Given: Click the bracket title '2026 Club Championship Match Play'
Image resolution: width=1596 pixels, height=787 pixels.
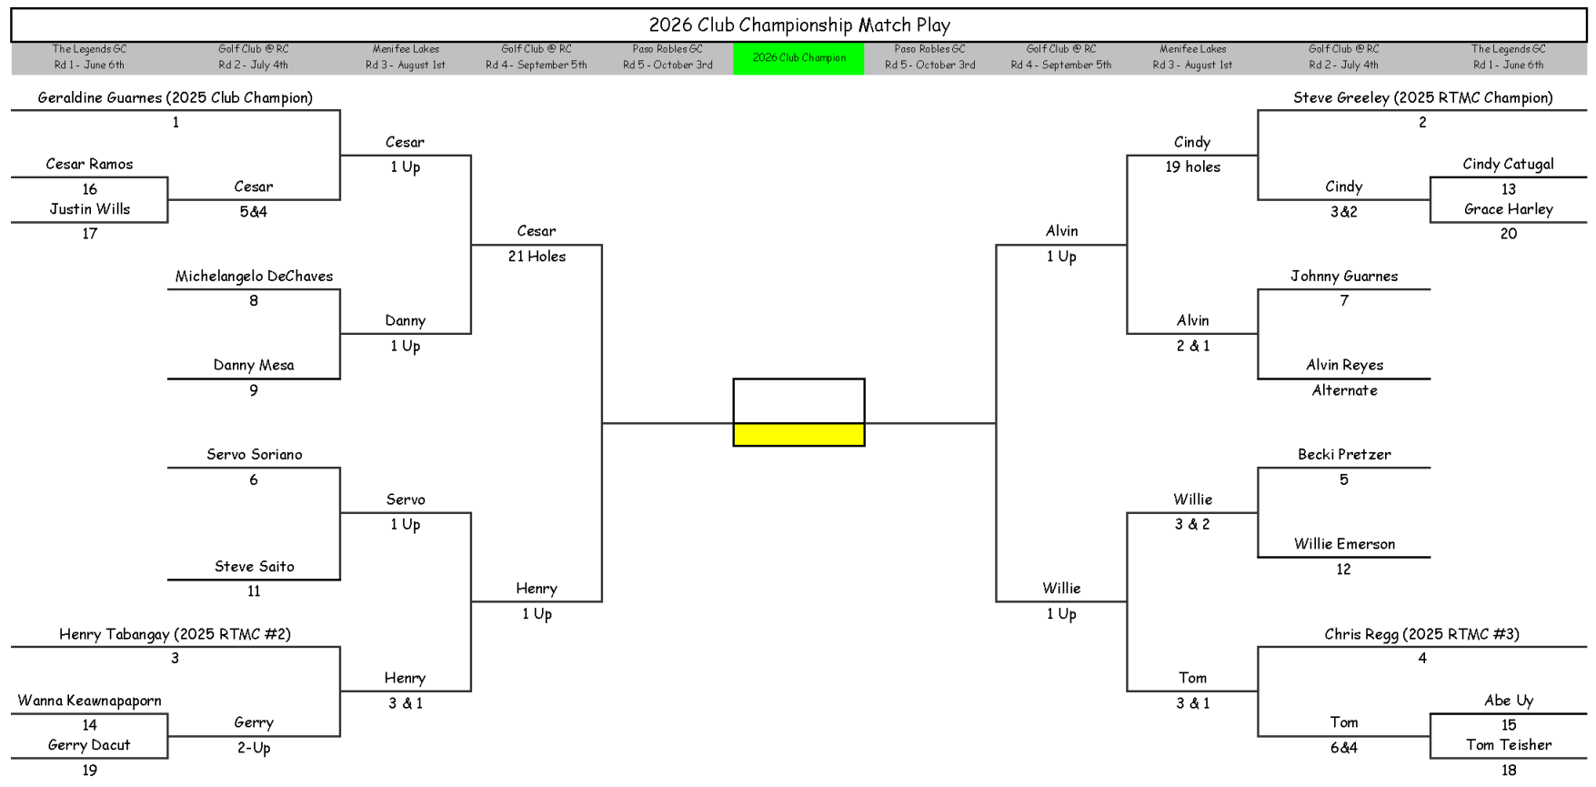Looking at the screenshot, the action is tap(798, 25).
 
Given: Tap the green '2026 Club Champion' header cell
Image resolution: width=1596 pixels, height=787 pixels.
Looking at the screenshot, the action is tap(798, 58).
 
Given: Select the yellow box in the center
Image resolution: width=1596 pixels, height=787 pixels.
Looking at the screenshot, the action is tap(798, 435).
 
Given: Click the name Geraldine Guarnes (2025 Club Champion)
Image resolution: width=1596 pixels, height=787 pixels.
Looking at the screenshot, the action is tap(176, 97).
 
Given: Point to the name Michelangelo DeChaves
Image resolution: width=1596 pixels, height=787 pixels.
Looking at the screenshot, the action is tap(254, 277).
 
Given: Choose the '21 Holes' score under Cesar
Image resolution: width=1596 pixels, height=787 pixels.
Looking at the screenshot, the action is tap(537, 257).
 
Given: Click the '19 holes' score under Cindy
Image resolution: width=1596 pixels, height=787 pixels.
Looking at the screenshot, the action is tap(1192, 166).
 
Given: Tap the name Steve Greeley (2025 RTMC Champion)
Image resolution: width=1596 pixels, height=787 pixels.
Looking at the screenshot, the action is tap(1422, 97).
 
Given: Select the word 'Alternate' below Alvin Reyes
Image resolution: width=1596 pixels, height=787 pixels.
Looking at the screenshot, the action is tap(1344, 390).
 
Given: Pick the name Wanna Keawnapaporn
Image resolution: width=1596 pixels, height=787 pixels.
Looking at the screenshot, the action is tap(89, 701).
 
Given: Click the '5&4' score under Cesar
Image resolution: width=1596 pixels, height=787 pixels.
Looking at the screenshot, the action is tap(253, 212).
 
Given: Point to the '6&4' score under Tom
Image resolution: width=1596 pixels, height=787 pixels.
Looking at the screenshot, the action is tap(1343, 748).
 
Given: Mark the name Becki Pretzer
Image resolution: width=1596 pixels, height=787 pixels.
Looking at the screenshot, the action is tap(1344, 455).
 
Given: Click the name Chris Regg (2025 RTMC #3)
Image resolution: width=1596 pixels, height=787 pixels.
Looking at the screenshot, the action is tap(1421, 634).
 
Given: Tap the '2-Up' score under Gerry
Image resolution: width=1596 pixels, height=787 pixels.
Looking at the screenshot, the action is tap(254, 748).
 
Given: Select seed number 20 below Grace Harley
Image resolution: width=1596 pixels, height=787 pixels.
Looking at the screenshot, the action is tap(1509, 234).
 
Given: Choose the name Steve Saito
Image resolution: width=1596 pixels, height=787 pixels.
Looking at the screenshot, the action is tap(254, 567).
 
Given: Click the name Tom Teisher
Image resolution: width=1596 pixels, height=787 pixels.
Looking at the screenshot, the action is tap(1509, 745).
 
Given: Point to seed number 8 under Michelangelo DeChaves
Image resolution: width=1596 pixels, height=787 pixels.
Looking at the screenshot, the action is tap(254, 301).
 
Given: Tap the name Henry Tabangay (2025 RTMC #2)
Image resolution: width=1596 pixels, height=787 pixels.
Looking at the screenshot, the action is tap(175, 634).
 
